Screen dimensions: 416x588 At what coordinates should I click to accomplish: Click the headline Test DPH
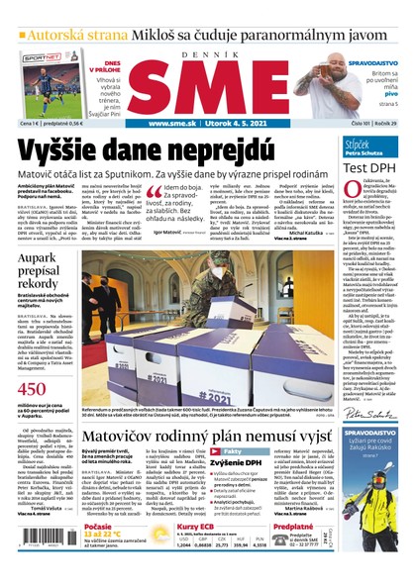pos(370,167)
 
